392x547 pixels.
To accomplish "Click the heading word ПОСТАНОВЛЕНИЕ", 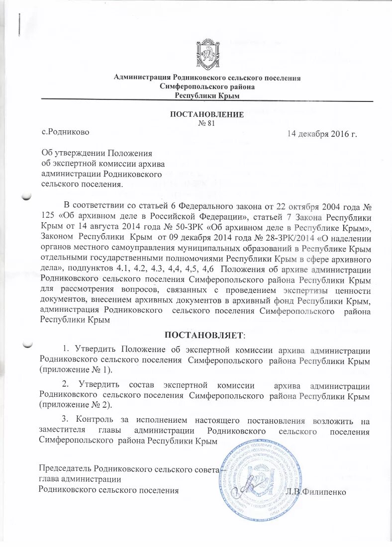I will tap(207, 114).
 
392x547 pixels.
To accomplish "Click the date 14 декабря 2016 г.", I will tap(322, 134).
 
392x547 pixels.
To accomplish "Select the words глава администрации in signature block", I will tap(80, 479).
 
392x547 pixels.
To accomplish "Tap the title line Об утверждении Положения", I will tap(96, 154).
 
